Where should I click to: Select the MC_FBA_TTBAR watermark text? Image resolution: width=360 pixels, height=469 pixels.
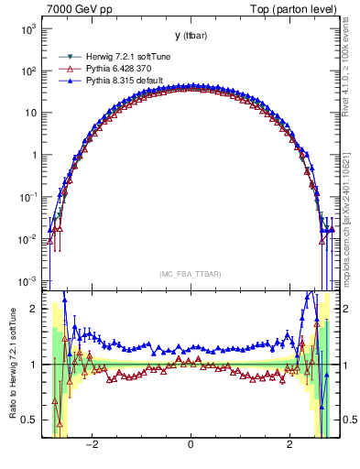pos(190,274)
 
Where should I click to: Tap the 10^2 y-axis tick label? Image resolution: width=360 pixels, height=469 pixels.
pos(27,71)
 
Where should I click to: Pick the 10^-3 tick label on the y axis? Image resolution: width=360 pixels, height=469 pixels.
pos(27,280)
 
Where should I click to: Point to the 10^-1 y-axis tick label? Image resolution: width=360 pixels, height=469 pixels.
pos(27,197)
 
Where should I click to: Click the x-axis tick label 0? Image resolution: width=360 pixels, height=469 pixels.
pos(190,446)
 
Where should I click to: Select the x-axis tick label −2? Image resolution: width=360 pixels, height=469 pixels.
pos(92,446)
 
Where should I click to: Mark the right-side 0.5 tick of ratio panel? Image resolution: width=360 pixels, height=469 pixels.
pos(348,420)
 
